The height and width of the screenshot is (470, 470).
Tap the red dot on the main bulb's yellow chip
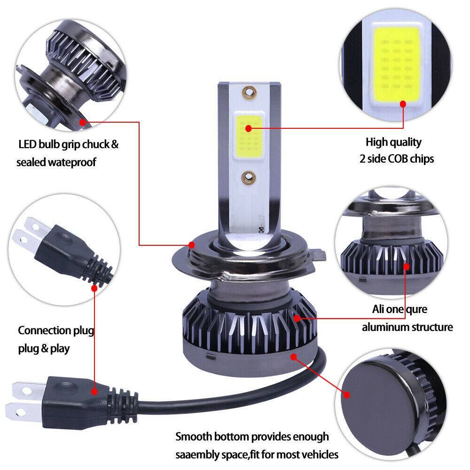248,128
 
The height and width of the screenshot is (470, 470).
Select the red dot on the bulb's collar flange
191,244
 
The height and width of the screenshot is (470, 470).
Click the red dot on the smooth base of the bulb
294,357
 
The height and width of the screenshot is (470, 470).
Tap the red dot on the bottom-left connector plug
94,391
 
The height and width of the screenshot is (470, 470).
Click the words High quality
393,142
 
